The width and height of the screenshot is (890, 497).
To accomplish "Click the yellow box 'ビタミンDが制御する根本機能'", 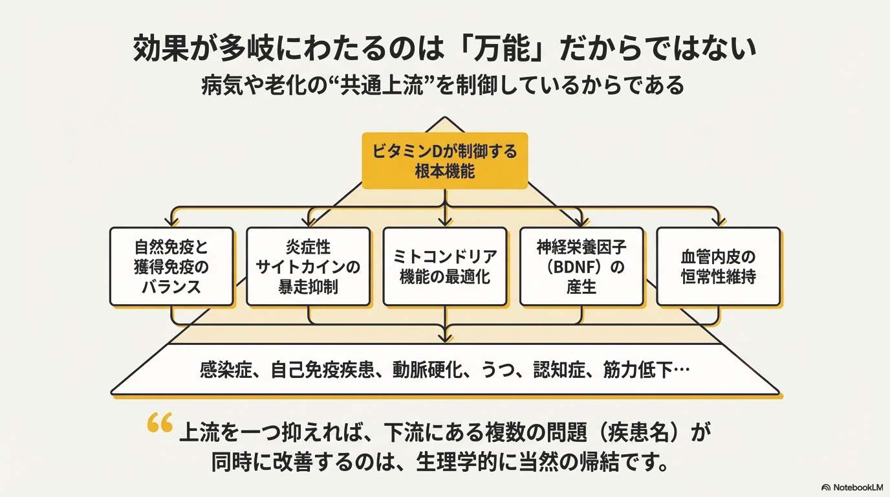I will pyautogui.click(x=445, y=160).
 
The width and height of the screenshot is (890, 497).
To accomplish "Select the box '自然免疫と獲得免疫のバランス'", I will pyautogui.click(x=171, y=266).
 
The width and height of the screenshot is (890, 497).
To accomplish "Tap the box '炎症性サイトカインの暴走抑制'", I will pyautogui.click(x=308, y=266).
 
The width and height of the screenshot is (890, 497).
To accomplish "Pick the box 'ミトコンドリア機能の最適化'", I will pyautogui.click(x=445, y=266).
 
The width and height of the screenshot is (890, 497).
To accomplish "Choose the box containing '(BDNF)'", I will pyautogui.click(x=581, y=266).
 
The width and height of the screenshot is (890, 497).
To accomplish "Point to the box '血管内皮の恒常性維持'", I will pyautogui.click(x=718, y=266).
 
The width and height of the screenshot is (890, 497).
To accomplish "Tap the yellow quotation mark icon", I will pyautogui.click(x=160, y=424).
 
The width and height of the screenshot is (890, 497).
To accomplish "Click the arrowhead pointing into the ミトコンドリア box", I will pyautogui.click(x=445, y=223).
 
